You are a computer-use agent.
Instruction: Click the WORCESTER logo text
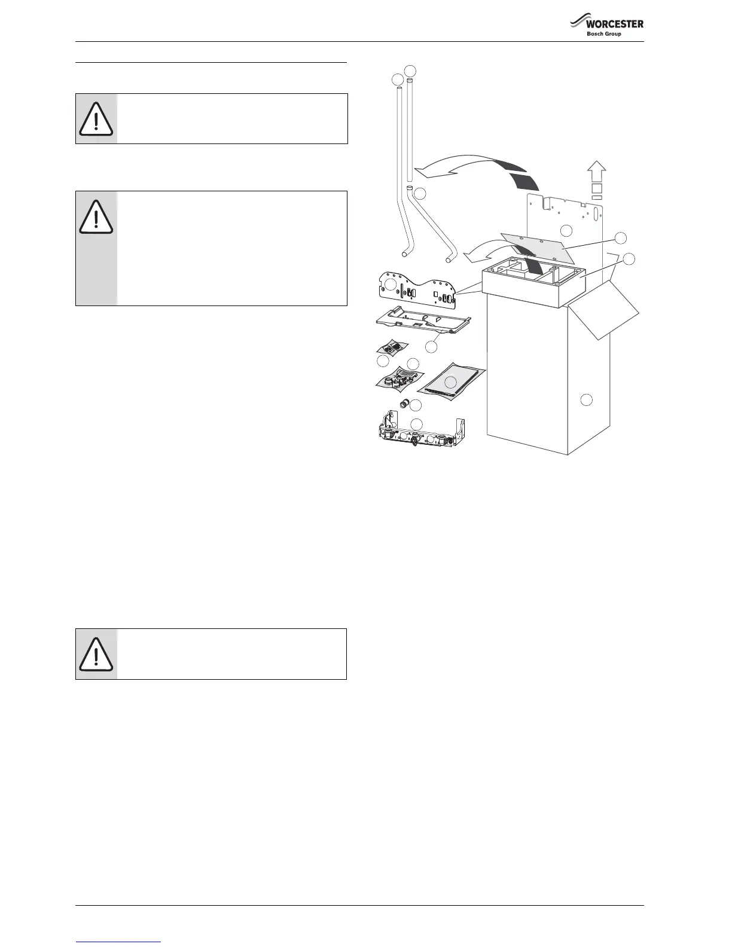tap(614, 24)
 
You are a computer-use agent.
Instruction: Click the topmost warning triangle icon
tap(96, 118)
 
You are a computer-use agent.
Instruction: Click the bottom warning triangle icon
tap(96, 654)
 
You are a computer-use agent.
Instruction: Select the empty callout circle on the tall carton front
tap(587, 399)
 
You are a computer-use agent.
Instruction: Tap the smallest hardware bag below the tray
tap(392, 347)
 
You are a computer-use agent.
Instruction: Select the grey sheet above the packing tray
tap(538, 246)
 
